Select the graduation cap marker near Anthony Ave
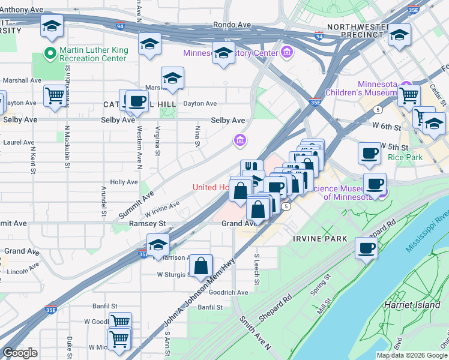pos(52,26)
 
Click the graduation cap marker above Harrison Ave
pos(158,244)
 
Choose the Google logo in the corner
pos(20,353)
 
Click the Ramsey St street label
pos(147,223)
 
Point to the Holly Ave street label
pos(124,182)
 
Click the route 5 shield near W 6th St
pos(378,110)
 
